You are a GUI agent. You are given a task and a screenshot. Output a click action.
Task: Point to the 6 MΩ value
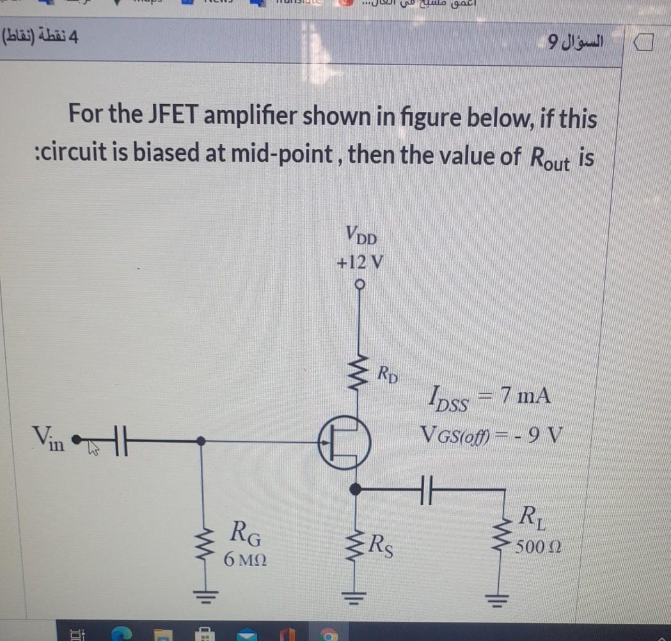click(245, 560)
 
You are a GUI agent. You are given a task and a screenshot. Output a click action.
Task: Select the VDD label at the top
click(361, 236)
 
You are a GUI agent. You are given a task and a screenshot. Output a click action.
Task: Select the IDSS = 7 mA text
click(486, 398)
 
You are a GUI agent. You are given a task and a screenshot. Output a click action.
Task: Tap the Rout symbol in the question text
click(546, 158)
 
